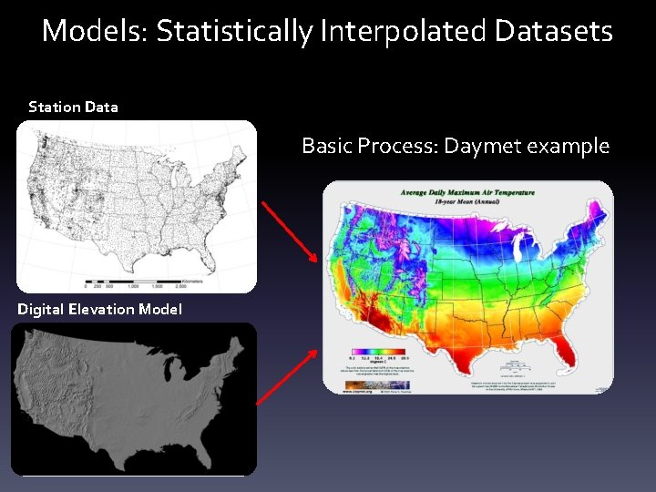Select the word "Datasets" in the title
tap(554, 31)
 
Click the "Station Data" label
tap(73, 107)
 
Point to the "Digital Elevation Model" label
tap(99, 309)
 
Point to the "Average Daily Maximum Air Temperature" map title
tap(468, 192)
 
